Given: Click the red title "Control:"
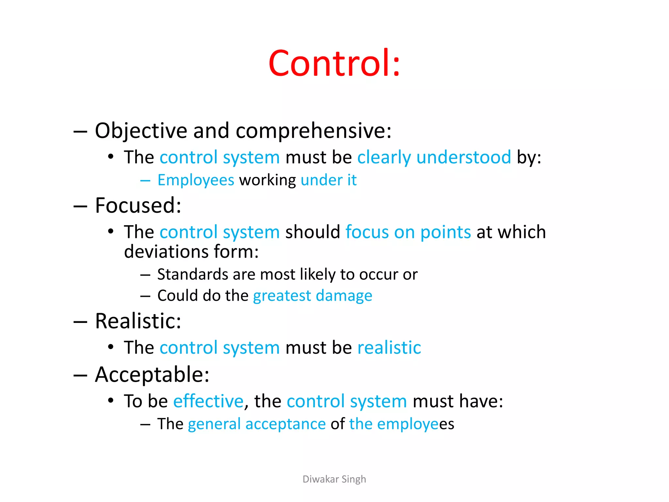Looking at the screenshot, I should (334, 63).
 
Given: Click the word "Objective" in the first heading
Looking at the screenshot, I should (141, 131).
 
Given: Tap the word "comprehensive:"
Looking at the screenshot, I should (313, 131).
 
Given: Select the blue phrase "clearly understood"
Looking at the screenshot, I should (434, 157).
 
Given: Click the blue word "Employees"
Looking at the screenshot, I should (196, 180).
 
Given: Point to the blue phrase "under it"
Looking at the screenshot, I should (328, 180).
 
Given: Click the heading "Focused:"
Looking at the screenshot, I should (138, 206).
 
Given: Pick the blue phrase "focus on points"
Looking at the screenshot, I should (408, 232).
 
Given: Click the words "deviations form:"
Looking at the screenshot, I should (191, 252).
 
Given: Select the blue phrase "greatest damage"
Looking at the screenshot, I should (313, 296).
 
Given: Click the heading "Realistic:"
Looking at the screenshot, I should (138, 321).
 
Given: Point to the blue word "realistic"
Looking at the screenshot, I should (389, 347).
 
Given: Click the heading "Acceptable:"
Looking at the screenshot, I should (152, 375).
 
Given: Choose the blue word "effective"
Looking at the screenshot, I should (208, 401).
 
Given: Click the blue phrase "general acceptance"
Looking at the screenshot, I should (257, 424).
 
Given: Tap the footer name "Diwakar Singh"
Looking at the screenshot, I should (334, 479).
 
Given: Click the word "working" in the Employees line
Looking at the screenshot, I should (268, 180).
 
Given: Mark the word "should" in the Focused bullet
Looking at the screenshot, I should (313, 232).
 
